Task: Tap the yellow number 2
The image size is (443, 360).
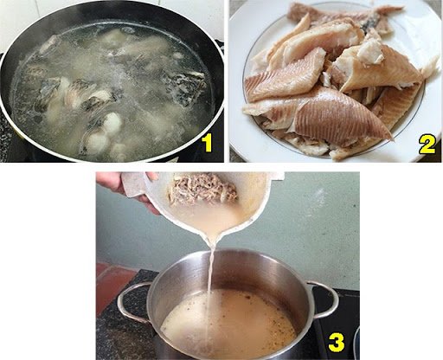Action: point(427,143)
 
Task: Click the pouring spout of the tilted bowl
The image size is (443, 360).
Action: point(212,227)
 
